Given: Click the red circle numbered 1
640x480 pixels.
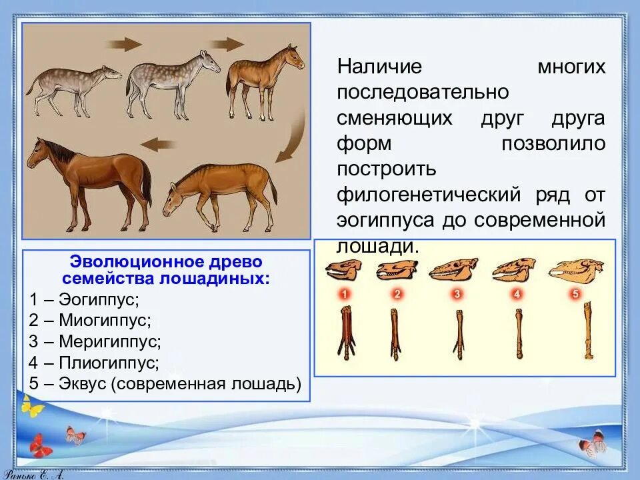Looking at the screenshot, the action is pyautogui.click(x=345, y=294).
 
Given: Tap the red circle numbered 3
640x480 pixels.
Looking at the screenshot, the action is pyautogui.click(x=456, y=294).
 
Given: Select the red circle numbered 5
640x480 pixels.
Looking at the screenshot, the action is pyautogui.click(x=575, y=294).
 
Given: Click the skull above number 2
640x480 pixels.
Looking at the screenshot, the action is pyautogui.click(x=397, y=270).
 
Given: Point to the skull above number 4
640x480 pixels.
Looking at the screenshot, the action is pyautogui.click(x=514, y=269).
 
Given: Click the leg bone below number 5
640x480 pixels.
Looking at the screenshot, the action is pyautogui.click(x=588, y=331).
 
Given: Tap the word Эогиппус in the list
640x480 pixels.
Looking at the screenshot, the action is pyautogui.click(x=99, y=300).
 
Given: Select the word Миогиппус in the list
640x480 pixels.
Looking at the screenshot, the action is pyautogui.click(x=105, y=321).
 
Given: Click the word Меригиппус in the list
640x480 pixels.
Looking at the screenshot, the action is pyautogui.click(x=110, y=341).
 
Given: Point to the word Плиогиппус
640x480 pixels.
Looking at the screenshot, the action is pyautogui.click(x=109, y=363).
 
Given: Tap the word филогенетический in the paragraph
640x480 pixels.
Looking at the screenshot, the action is pyautogui.click(x=429, y=195).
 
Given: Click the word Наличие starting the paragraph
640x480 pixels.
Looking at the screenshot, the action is pyautogui.click(x=379, y=66).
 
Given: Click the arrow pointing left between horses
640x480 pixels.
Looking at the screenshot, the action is pyautogui.click(x=159, y=144).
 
